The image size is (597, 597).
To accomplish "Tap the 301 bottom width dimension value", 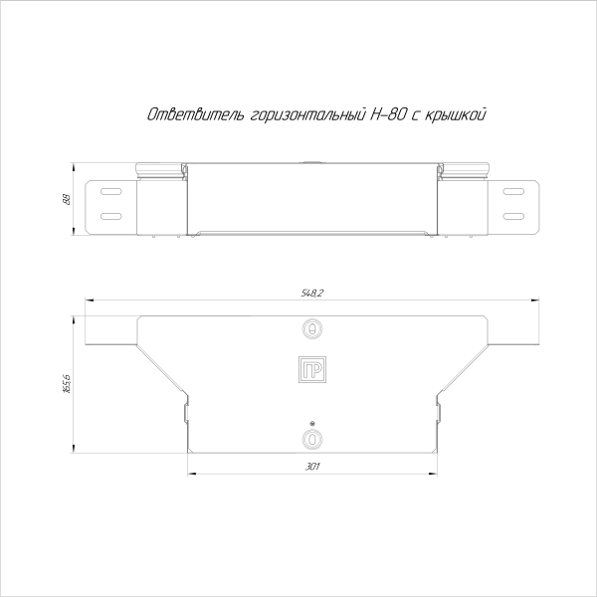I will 312,466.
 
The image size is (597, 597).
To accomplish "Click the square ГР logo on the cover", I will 312,369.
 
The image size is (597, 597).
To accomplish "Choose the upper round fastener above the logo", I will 312,327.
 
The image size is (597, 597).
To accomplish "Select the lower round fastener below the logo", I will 312,439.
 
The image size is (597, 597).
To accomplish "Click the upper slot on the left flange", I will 110,190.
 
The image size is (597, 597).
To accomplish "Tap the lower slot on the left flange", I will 110,215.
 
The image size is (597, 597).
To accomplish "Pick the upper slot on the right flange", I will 514,190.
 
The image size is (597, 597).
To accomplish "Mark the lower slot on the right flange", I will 514,215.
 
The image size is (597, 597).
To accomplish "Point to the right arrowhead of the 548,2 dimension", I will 535,298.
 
